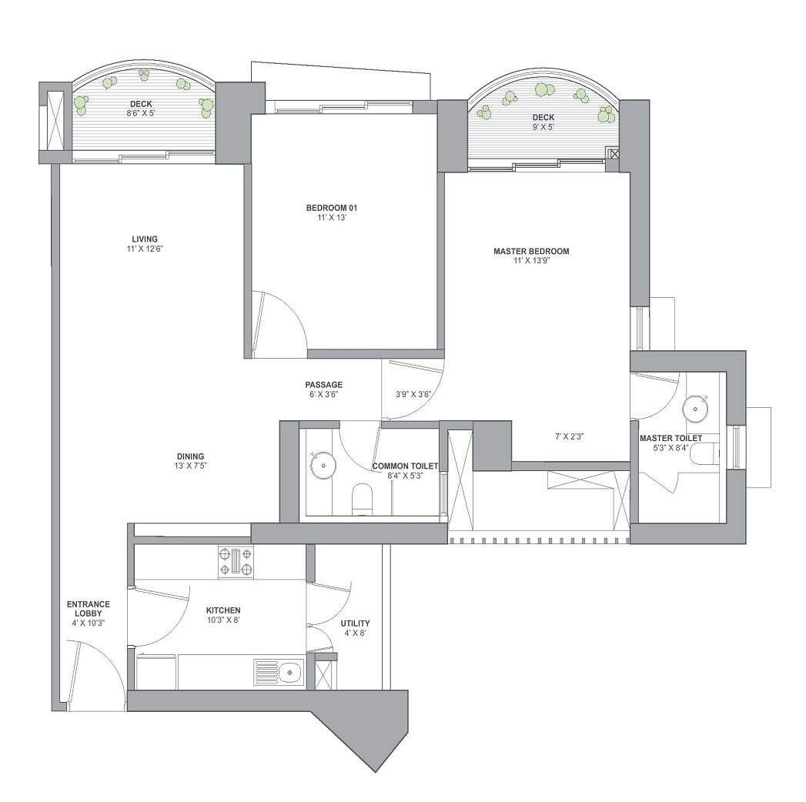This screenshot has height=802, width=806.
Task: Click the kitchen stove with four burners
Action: pos(236,561)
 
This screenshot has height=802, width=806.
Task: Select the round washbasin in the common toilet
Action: pos(322,464)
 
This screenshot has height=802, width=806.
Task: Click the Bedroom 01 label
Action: pos(332,208)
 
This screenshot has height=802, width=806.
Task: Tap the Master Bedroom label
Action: pos(531,252)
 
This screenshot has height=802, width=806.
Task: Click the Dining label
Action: pos(190,456)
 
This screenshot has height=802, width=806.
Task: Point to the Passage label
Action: pos(323,385)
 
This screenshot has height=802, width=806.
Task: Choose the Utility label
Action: pos(355,623)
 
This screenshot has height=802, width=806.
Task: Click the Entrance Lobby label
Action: pos(88,609)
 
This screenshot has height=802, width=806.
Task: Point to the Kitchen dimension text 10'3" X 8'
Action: pos(222,620)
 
